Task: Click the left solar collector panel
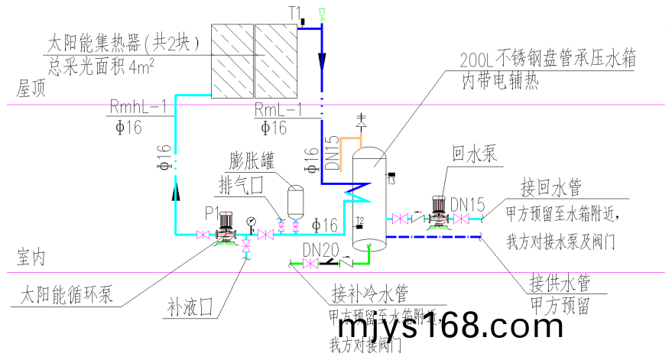tap(232, 60)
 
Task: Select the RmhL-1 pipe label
tap(138, 108)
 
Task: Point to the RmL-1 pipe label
tap(280, 108)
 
